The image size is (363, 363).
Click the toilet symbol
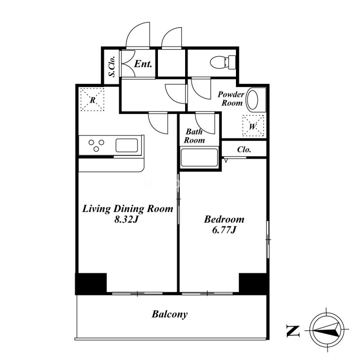tap(223, 62)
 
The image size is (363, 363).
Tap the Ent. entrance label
tap(143, 64)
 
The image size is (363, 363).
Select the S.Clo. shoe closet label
tap(112, 66)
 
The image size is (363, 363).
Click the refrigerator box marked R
tap(92, 99)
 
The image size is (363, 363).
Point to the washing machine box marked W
tap(253, 126)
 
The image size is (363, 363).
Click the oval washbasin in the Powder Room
tap(253, 100)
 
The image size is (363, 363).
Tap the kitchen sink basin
tap(127, 145)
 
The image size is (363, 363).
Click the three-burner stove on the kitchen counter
tap(96, 145)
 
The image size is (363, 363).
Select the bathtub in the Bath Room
tap(199, 157)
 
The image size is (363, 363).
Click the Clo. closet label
tap(244, 150)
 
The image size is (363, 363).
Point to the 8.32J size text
tap(127, 219)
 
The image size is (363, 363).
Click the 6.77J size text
tap(224, 230)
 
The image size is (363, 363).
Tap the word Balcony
tap(169, 314)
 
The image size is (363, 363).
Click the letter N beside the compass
tap(293, 331)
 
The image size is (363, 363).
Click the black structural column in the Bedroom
tap(253, 283)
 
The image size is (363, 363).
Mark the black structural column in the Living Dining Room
tap(91, 284)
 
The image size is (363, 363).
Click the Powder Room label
tap(231, 98)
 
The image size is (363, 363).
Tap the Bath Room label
tap(194, 136)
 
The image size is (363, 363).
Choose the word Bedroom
tap(224, 219)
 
